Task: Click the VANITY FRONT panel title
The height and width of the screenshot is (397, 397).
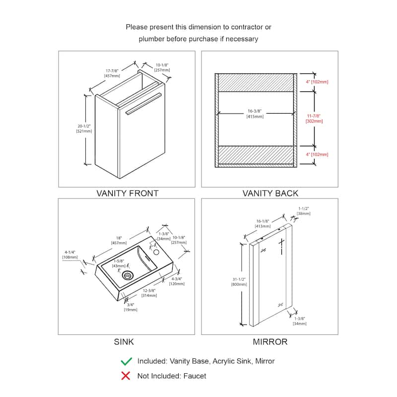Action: (128, 193)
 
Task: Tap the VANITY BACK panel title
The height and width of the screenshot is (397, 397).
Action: (270, 193)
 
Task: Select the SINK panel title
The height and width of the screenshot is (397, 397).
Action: (124, 341)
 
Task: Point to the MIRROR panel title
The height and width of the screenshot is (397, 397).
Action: (270, 341)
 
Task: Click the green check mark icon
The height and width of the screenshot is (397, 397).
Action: (127, 361)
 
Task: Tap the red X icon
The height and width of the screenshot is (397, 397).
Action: (127, 376)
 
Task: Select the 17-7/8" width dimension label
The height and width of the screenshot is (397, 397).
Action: (112, 73)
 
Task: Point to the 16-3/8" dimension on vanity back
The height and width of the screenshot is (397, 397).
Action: (255, 114)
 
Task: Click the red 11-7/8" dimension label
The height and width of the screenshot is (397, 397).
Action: (313, 118)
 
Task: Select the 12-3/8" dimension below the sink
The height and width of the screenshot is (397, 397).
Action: (149, 293)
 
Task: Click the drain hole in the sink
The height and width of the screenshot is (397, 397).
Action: (129, 273)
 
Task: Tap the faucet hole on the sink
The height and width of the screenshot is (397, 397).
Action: (157, 252)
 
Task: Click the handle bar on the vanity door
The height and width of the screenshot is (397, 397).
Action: (144, 103)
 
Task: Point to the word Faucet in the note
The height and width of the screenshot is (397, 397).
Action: (195, 376)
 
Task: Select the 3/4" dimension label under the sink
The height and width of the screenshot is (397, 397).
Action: (130, 307)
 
